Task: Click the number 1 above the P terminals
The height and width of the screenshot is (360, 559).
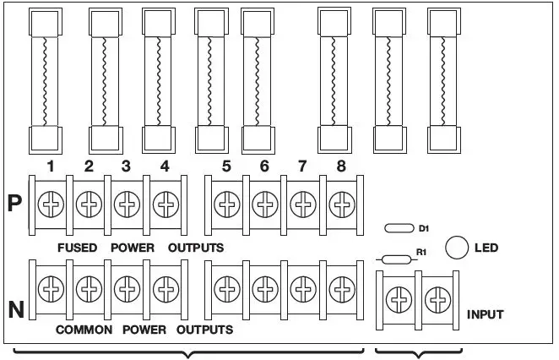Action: [x=52, y=166]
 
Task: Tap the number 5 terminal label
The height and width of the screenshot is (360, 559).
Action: [x=226, y=166]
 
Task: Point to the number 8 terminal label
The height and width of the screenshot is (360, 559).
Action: [x=340, y=166]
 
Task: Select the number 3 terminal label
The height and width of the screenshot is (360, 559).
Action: [x=126, y=166]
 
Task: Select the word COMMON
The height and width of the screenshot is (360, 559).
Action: [x=84, y=330]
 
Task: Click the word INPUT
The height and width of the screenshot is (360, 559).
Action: [x=485, y=314]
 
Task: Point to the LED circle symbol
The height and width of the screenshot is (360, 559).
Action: [x=456, y=247]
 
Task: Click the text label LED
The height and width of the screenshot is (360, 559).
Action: [x=487, y=248]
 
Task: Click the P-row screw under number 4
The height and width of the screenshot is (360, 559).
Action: [x=164, y=204]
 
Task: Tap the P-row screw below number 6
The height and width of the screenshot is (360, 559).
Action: [x=264, y=204]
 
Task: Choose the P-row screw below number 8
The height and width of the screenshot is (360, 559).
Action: [x=340, y=204]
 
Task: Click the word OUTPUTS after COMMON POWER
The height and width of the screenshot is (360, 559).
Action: [x=205, y=330]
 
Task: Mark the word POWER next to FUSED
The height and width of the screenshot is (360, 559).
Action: [x=133, y=248]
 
